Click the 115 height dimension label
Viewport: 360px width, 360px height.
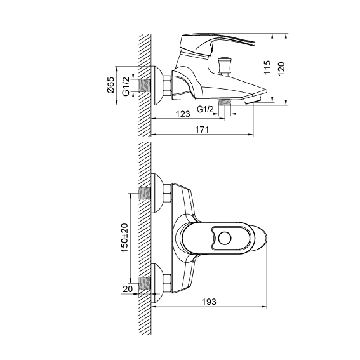click(267, 67)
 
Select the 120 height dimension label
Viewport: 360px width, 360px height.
click(281, 68)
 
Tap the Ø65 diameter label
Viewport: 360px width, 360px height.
click(110, 85)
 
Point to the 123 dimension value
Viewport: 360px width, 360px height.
click(183, 114)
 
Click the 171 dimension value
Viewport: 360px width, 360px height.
click(202, 130)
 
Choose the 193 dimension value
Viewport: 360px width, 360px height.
click(209, 302)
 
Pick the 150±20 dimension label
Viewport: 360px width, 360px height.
click(124, 237)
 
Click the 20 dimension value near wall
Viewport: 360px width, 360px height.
click(128, 289)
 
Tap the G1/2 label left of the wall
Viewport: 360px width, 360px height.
click(126, 86)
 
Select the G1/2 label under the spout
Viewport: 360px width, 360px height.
click(205, 109)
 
